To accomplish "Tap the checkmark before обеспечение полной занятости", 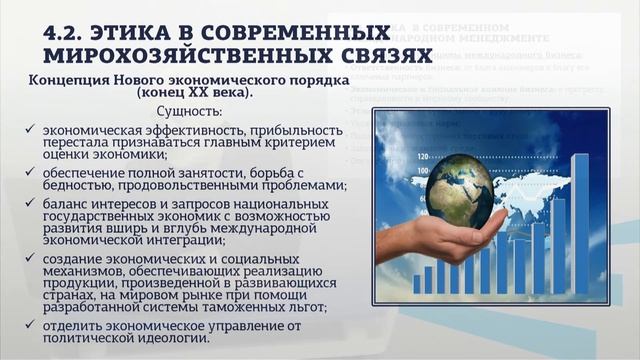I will coord(35,170).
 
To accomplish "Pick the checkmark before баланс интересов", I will coord(35,204).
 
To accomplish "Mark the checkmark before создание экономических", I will coord(35,260).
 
